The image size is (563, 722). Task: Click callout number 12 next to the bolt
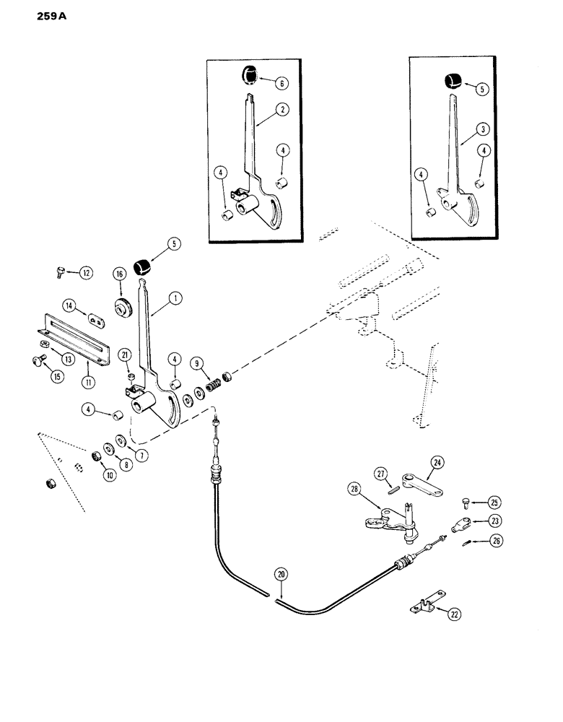pyautogui.click(x=86, y=273)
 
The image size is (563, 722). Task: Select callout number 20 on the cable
pyautogui.click(x=281, y=575)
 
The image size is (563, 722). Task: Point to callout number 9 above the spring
pyautogui.click(x=196, y=362)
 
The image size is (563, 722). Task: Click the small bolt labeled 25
pyautogui.click(x=465, y=502)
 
